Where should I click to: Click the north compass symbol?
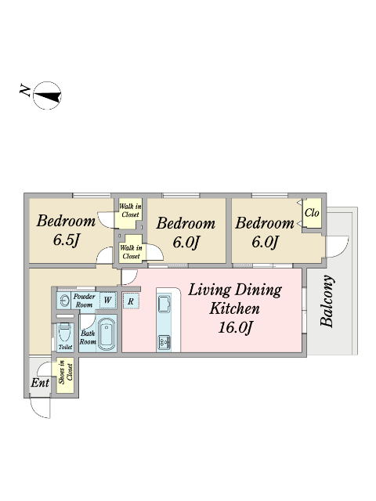click(x=47, y=96)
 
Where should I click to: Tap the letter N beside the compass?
click(x=24, y=90)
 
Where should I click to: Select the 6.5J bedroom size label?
click(x=66, y=240)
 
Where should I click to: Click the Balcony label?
click(x=327, y=301)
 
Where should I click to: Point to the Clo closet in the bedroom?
click(x=312, y=213)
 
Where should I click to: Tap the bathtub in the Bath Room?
click(x=107, y=334)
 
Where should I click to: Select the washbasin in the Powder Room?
click(x=65, y=301)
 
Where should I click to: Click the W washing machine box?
click(x=107, y=301)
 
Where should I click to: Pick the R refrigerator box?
click(x=131, y=301)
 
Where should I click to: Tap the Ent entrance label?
click(x=40, y=383)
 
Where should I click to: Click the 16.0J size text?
click(x=235, y=328)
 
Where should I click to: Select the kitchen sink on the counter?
click(x=164, y=303)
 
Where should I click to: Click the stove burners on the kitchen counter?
click(x=164, y=342)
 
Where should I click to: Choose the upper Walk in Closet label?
click(x=130, y=211)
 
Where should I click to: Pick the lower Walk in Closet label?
click(x=131, y=252)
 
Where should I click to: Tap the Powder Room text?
click(x=84, y=301)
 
